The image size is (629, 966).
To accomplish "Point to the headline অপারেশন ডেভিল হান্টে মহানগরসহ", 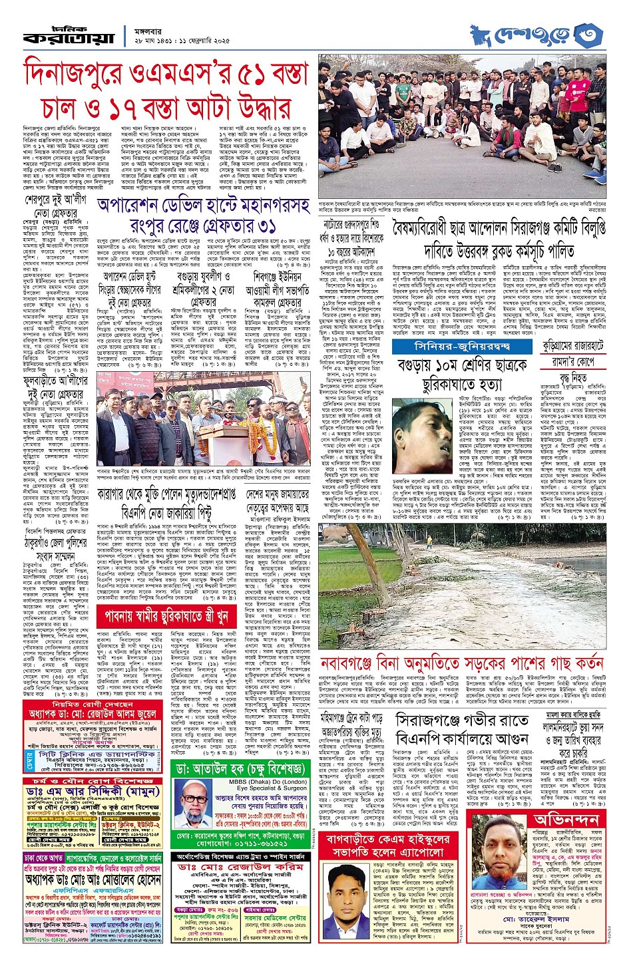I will tap(203, 206).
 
